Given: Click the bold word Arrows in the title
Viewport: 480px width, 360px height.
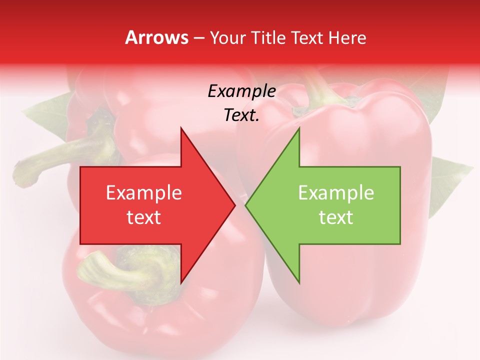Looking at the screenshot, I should point(156,37).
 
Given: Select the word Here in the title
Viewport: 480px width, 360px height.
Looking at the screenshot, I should point(347,37).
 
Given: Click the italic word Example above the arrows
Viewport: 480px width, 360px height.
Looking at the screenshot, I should point(241,91).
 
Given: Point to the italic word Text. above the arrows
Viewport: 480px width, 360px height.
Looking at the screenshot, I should point(241,115).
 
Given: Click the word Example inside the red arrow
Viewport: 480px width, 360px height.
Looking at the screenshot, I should point(143,192).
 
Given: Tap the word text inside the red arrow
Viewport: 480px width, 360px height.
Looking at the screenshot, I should point(143,217).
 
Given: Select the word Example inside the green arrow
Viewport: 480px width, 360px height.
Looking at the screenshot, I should point(336,192).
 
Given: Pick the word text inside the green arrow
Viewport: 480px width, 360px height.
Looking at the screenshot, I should point(336,217).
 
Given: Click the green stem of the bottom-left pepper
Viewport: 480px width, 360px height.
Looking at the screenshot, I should point(120,272).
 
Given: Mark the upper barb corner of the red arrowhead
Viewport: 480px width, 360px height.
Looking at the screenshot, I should point(181,128).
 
